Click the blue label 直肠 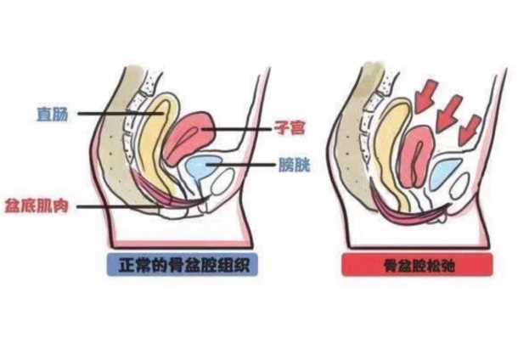[x=53, y=115]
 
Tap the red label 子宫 [x=290, y=128]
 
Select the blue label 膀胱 [x=295, y=165]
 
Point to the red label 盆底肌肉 [x=37, y=206]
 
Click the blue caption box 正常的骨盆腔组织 [x=183, y=265]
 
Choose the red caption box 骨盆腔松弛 [x=418, y=265]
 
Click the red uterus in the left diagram [x=190, y=138]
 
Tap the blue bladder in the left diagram [x=201, y=167]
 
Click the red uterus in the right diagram [x=418, y=157]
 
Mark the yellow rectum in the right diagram [x=395, y=152]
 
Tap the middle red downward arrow [x=448, y=113]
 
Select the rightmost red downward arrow [x=470, y=131]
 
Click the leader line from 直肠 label [x=121, y=114]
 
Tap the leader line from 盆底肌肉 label [x=119, y=207]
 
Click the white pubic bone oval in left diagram [x=223, y=182]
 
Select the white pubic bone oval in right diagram [x=459, y=186]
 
